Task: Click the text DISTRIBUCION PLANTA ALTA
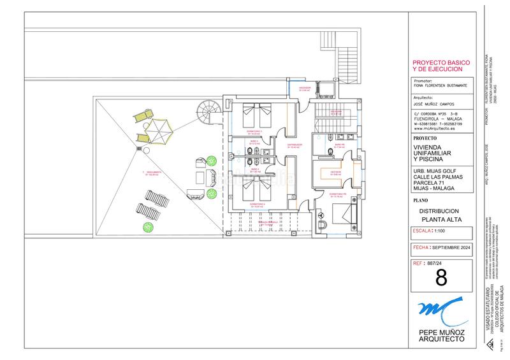click(439, 215)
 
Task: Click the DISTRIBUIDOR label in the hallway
click(294, 146)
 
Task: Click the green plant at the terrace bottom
click(149, 226)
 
